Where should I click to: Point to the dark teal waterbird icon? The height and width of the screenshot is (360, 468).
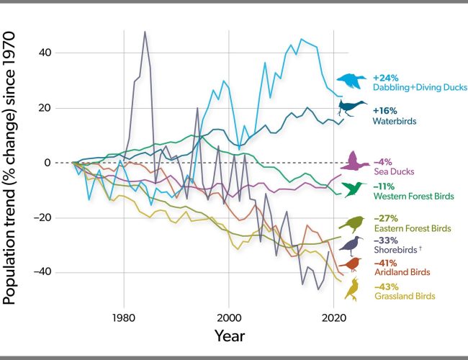point(353,110)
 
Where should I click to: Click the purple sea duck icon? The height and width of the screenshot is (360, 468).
point(354,161)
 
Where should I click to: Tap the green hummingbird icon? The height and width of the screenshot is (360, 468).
point(354,189)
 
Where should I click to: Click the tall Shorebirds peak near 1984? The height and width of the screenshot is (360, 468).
point(145,32)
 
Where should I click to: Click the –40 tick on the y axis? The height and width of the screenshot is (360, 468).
point(57,272)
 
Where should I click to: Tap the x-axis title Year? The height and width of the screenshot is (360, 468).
point(229,336)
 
